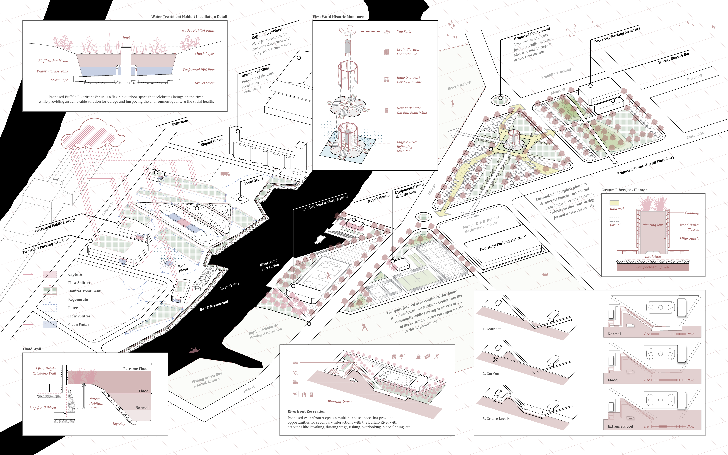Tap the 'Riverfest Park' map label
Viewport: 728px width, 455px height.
click(x=459, y=85)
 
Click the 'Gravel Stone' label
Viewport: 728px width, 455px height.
click(x=205, y=83)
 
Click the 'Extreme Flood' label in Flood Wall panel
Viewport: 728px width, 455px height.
click(x=136, y=369)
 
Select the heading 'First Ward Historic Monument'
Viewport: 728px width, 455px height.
click(x=339, y=17)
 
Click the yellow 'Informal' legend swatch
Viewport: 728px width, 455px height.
click(x=614, y=203)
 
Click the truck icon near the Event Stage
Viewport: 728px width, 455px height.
click(x=225, y=174)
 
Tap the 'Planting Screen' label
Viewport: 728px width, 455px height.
click(x=340, y=402)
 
